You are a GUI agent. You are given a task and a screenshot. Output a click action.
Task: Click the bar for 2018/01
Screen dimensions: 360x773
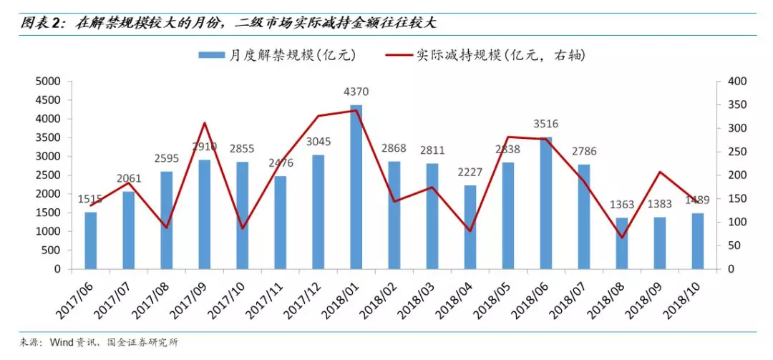tap(356, 188)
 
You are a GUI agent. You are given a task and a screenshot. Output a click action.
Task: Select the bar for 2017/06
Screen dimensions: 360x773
tap(90, 240)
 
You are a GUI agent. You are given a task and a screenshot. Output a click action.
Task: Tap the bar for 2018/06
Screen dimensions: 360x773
tap(545, 203)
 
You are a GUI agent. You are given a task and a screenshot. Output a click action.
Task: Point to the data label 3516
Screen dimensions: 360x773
tap(545, 125)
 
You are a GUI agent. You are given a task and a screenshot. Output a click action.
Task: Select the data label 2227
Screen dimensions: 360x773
tap(470, 172)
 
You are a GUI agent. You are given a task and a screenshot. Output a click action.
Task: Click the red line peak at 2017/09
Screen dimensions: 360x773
tap(204, 123)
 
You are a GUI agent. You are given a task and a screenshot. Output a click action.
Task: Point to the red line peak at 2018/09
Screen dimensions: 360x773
tap(659, 172)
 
